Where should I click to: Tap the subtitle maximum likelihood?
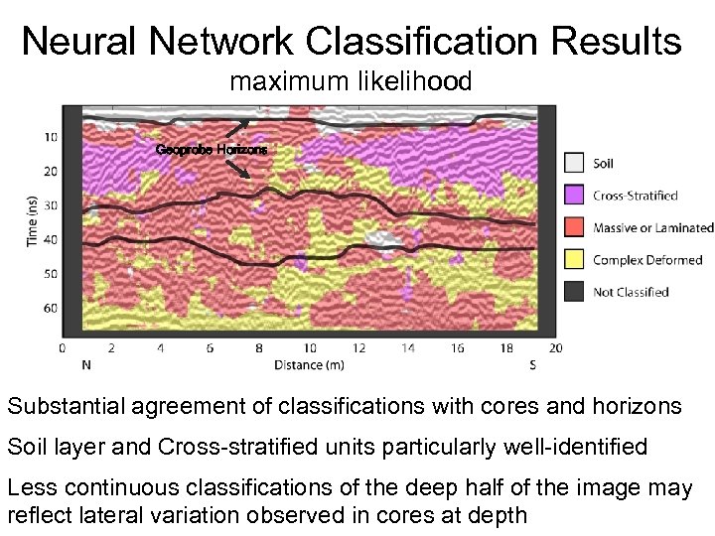[x=351, y=82]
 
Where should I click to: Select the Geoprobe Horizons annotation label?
[x=212, y=149]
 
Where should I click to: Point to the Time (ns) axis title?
[x=34, y=219]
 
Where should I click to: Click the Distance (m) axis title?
[x=309, y=364]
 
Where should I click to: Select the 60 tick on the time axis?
[x=50, y=308]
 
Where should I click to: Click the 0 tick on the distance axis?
[x=63, y=348]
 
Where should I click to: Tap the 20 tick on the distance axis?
[x=555, y=348]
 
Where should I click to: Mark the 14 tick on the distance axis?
[x=408, y=348]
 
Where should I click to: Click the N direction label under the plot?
[x=87, y=364]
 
